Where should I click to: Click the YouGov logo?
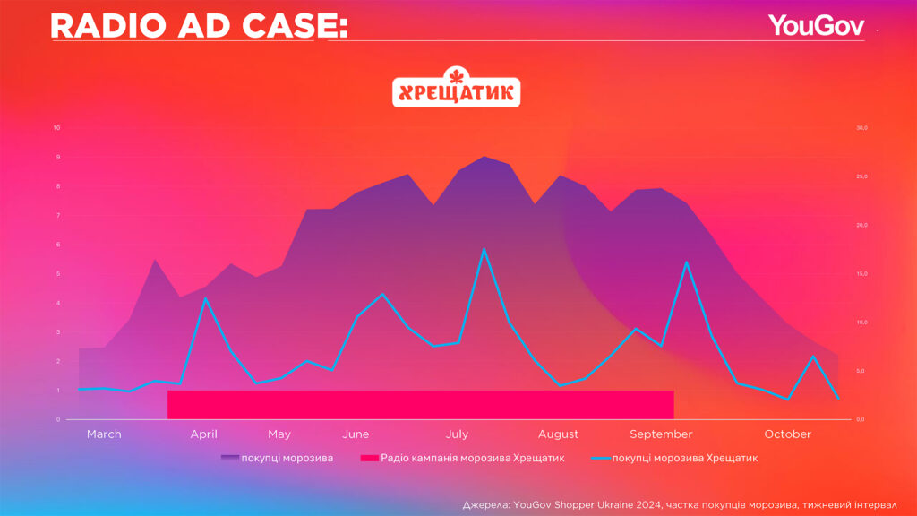pos(815,26)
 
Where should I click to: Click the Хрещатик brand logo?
pos(457,90)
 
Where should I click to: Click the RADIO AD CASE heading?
pos(199,26)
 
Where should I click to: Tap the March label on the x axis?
pos(104,434)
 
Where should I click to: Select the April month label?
pos(203,434)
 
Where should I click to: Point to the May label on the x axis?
pos(279,434)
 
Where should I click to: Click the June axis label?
pos(356,434)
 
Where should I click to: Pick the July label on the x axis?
pos(457,434)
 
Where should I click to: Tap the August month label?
pos(558,434)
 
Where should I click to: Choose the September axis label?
pos(661,434)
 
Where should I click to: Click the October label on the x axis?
pos(788,434)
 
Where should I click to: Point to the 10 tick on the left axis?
pos(57,128)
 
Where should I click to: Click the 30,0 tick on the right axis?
pos(861,128)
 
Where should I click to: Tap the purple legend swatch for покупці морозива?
pos(229,458)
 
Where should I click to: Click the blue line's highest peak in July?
pos(484,249)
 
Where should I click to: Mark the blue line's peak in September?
pos(686,262)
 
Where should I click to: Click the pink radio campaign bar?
pos(420,404)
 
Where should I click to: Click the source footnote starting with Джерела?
pos(681,503)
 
